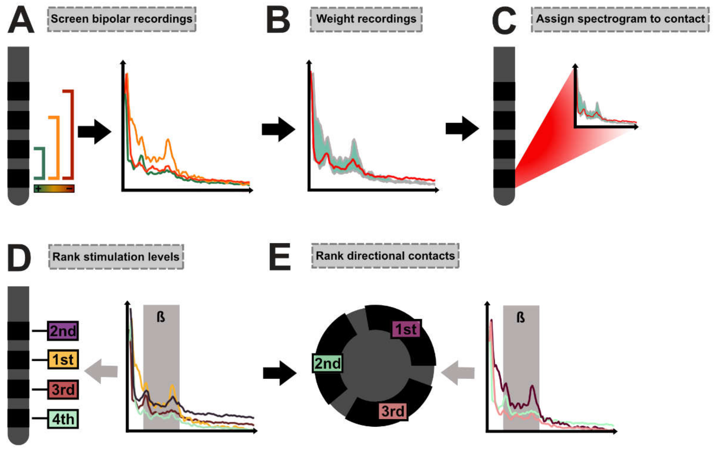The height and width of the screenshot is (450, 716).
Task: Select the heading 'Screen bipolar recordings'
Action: coord(121,19)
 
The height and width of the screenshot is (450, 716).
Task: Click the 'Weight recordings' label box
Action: coord(366,19)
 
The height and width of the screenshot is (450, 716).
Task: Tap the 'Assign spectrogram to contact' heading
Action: coord(620,19)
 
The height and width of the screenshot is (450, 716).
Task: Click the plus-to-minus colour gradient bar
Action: coord(54,188)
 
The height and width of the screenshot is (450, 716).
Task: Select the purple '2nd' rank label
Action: coord(63,330)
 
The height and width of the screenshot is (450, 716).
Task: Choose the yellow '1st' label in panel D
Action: coord(63,360)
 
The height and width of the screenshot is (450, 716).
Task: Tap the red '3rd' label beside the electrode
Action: coord(63,389)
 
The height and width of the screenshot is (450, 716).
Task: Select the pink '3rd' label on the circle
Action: coord(393,411)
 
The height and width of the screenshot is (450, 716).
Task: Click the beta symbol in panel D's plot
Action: coord(161,317)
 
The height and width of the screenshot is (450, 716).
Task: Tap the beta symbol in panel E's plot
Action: coord(521,318)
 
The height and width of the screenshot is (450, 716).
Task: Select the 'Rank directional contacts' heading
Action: coord(385,256)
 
